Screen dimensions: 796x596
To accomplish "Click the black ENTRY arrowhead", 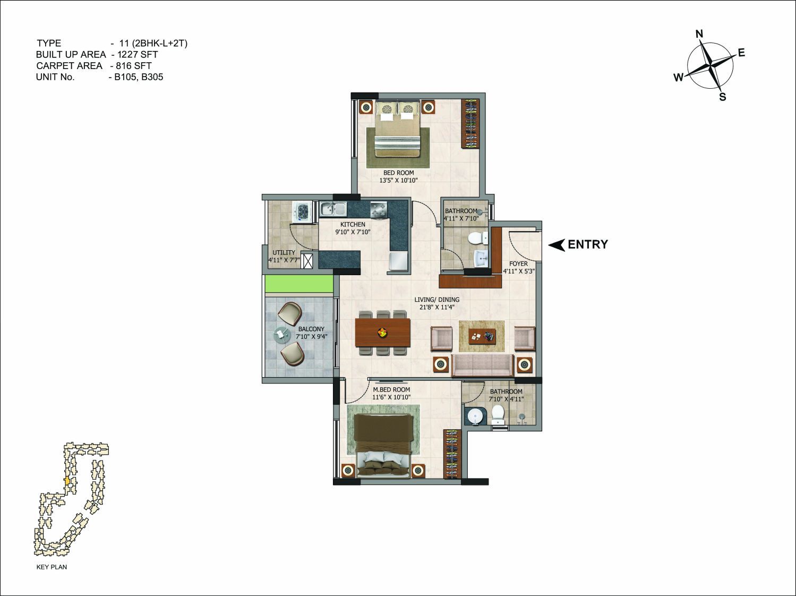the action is click(x=557, y=245).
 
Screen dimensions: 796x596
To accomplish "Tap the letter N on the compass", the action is click(x=699, y=34).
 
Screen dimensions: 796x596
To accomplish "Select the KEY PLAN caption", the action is click(x=52, y=567).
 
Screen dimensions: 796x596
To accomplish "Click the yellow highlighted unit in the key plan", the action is click(x=67, y=480).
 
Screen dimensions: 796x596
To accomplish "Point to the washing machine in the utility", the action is click(x=303, y=212).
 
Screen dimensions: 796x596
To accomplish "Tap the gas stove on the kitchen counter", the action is click(x=379, y=209).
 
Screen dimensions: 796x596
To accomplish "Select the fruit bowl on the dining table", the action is click(x=382, y=332).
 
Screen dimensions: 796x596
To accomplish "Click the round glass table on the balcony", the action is click(x=281, y=334).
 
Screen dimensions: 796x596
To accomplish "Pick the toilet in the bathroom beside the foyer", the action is click(x=477, y=239).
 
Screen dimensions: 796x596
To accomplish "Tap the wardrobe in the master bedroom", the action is click(x=452, y=454).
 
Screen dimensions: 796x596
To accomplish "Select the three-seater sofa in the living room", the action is click(x=482, y=365).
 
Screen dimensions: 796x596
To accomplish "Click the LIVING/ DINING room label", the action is click(x=437, y=300).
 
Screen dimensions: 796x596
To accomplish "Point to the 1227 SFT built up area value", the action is click(x=138, y=55).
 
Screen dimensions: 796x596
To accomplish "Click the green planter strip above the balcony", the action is click(x=299, y=283).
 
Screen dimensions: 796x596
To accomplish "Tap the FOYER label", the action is click(x=518, y=263).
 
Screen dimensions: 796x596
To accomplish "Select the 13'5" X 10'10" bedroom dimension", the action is click(x=399, y=180).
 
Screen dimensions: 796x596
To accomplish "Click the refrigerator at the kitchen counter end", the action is click(x=398, y=261).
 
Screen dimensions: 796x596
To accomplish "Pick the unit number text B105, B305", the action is click(x=139, y=77).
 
